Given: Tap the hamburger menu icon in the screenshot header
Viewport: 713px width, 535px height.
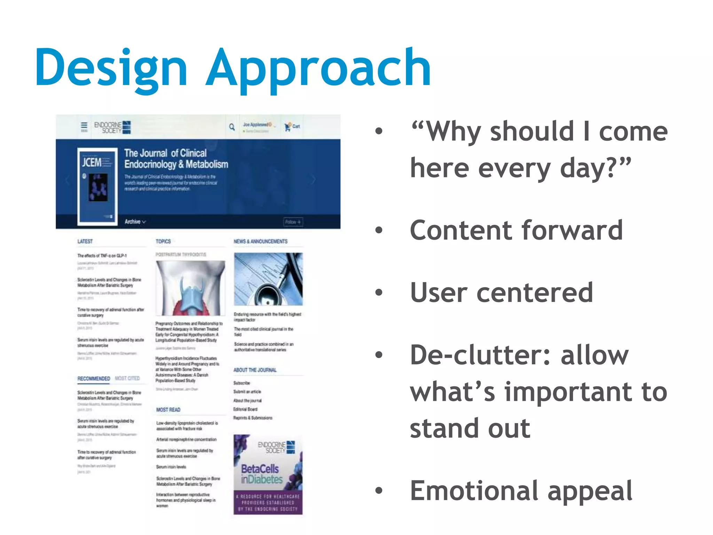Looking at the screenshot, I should [x=84, y=126].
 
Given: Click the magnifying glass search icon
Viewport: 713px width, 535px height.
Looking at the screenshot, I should [x=232, y=127].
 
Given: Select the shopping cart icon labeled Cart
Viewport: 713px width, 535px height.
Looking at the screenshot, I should [x=292, y=127].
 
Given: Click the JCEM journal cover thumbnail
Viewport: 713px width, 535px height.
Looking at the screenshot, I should [x=97, y=187].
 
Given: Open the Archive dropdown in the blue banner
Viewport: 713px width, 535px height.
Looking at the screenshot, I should [x=135, y=222].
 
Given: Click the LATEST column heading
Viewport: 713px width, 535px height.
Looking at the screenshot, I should [x=85, y=241].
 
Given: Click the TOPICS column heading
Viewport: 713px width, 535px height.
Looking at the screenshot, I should [x=163, y=241].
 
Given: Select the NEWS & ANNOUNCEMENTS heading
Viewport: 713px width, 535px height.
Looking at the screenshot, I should [x=260, y=241].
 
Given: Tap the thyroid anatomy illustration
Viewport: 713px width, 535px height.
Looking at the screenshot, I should [x=190, y=288].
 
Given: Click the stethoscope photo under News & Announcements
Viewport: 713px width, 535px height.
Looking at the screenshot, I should [x=268, y=279].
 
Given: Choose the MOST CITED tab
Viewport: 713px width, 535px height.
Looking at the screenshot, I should [x=127, y=378].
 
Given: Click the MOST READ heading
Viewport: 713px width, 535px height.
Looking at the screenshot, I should [x=168, y=410].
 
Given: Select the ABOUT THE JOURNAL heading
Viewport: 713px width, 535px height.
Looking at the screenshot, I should [x=255, y=370].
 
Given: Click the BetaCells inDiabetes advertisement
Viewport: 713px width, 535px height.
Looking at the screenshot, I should [x=268, y=474].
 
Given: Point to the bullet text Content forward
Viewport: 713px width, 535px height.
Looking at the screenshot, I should [x=516, y=231].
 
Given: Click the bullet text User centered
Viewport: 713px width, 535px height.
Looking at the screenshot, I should [x=501, y=293].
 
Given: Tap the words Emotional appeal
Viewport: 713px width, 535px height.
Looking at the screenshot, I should [x=521, y=491].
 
